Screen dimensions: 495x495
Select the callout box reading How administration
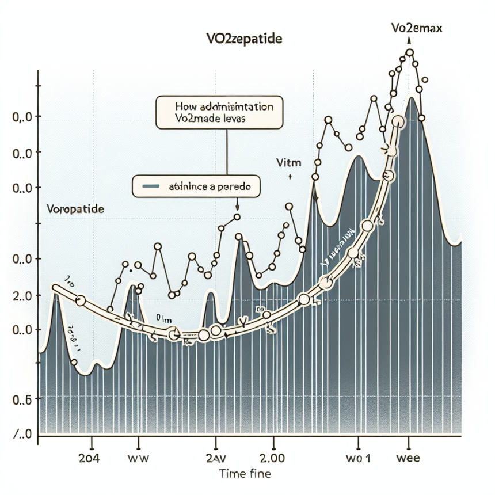[219, 112]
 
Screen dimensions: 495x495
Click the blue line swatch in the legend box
[151, 186]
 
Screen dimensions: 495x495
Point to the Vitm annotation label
[289, 163]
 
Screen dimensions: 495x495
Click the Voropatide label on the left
[74, 210]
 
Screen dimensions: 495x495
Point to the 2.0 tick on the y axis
[21, 295]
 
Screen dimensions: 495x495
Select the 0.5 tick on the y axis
[21, 399]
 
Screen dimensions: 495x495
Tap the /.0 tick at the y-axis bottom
[21, 434]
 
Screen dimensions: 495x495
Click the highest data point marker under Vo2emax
[410, 53]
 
